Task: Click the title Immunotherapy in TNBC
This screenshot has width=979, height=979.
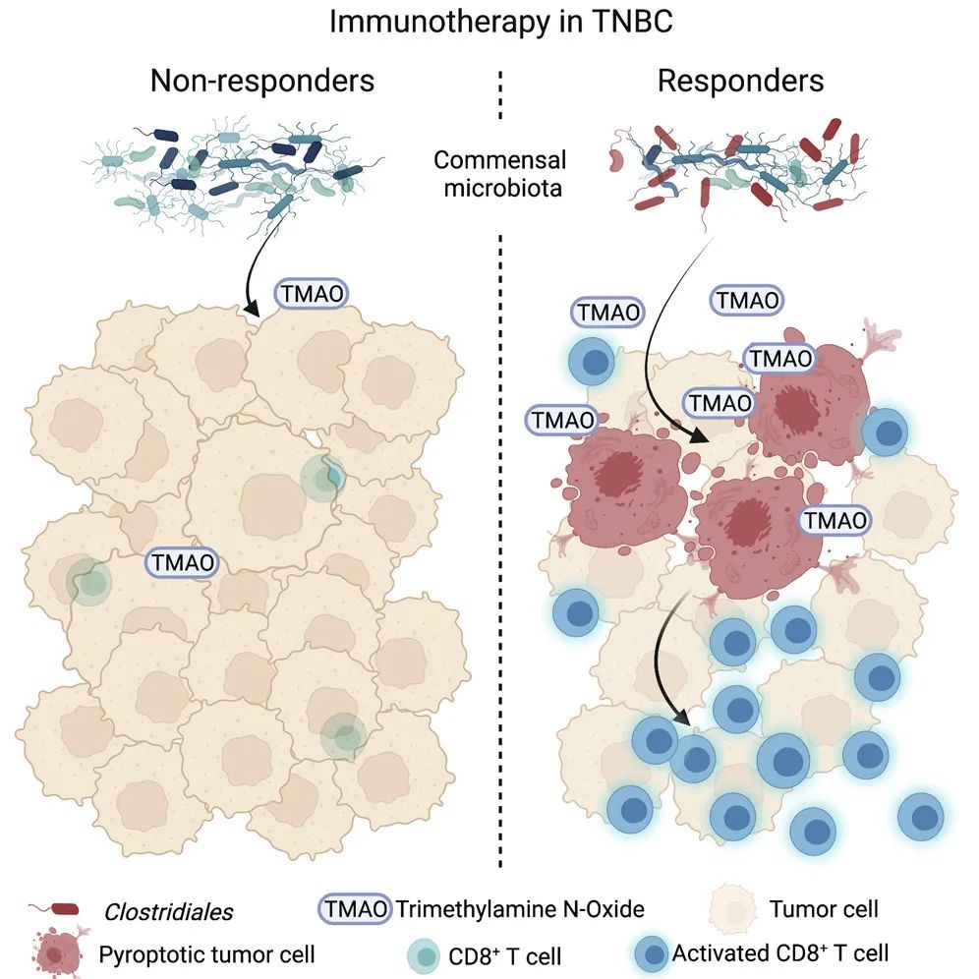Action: [500, 22]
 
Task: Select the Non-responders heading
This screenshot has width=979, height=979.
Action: [262, 80]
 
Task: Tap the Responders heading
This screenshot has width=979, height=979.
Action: [740, 80]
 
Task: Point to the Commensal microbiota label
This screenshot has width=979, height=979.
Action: [502, 173]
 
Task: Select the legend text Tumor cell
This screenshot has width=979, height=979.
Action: [825, 909]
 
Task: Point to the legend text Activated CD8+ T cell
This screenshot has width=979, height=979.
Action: [780, 951]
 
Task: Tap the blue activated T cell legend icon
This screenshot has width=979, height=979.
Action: [650, 951]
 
